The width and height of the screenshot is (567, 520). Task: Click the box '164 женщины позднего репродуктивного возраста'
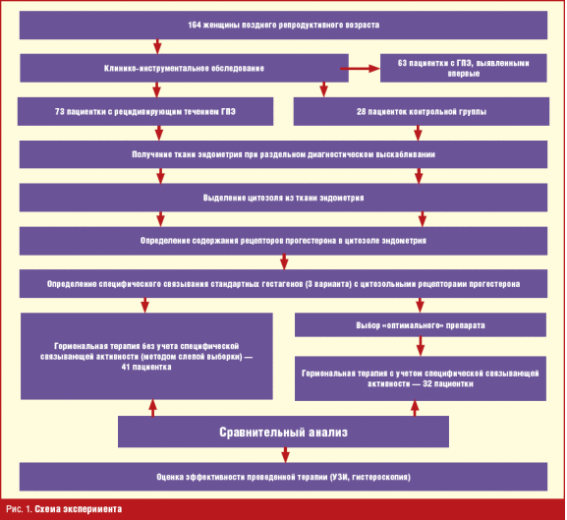(283, 25)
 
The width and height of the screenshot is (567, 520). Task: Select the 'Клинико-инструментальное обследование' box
(184, 68)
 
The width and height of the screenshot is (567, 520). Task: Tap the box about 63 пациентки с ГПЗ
(463, 68)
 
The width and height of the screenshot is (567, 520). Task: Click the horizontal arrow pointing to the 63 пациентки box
(361, 69)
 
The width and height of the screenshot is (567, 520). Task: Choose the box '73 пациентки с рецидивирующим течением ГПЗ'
(145, 111)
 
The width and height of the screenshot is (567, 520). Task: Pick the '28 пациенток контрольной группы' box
(422, 111)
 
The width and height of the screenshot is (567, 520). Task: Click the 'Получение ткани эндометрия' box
(283, 154)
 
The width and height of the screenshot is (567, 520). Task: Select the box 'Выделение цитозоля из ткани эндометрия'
(283, 198)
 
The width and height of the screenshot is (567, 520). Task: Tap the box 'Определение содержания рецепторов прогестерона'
(283, 241)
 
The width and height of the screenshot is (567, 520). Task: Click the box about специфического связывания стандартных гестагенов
(283, 284)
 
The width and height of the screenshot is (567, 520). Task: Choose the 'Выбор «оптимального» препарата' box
(421, 325)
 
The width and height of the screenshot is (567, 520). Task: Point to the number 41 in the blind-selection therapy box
(126, 367)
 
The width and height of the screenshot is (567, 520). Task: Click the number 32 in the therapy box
(427, 383)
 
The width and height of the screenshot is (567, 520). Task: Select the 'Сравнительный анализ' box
(283, 432)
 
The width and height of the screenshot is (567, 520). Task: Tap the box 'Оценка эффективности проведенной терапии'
(283, 477)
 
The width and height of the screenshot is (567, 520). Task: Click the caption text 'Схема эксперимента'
(78, 509)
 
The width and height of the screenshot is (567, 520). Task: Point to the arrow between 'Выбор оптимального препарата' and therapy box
(420, 346)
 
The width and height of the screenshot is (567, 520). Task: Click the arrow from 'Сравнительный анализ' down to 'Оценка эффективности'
(285, 455)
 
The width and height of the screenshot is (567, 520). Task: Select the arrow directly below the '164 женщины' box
(157, 46)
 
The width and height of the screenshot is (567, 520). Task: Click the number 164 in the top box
(195, 25)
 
